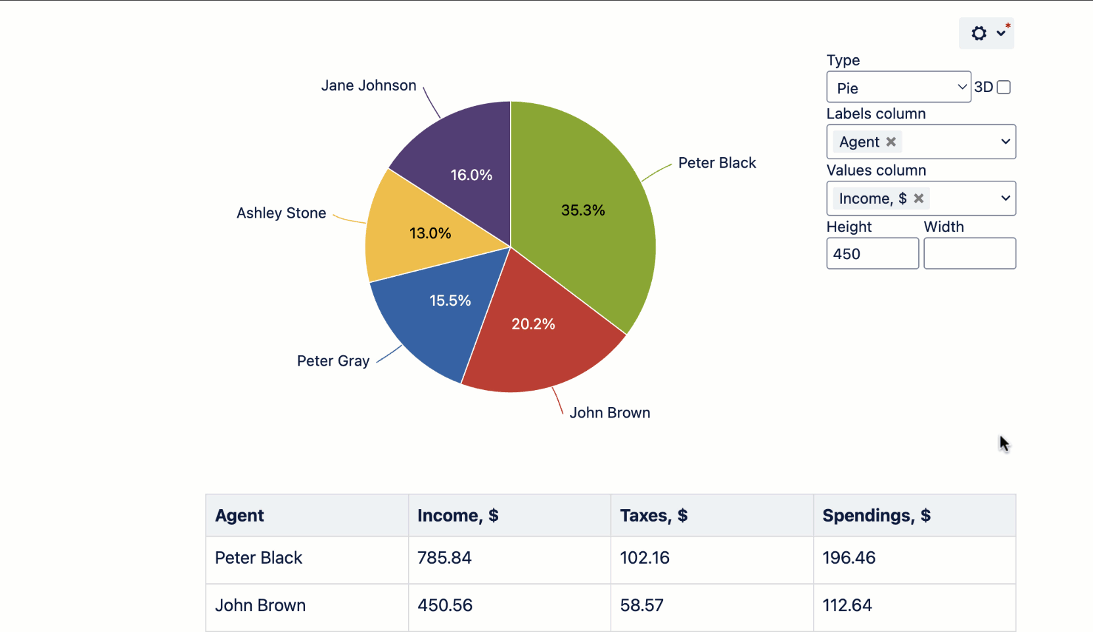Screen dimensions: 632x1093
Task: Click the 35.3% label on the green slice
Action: pos(582,210)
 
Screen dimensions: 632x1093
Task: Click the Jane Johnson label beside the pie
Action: pos(369,85)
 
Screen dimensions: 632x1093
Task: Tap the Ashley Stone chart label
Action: pos(281,213)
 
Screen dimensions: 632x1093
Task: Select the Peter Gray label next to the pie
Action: pos(333,361)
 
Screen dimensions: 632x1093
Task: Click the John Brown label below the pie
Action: pos(610,413)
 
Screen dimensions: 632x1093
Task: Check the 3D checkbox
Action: pos(1004,87)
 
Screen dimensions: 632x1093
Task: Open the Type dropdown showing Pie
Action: pos(898,87)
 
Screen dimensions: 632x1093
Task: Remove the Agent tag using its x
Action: pos(891,142)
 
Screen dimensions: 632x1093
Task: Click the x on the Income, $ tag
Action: pos(919,199)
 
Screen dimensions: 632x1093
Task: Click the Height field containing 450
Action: pos(872,254)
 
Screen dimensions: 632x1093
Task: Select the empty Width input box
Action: pos(969,254)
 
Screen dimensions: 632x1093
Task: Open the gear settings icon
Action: pos(979,34)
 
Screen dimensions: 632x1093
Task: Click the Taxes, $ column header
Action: pos(654,516)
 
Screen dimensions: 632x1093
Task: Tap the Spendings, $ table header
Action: pos(876,516)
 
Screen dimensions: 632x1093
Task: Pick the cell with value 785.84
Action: pos(444,558)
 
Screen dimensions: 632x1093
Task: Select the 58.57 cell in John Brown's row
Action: pos(641,605)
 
